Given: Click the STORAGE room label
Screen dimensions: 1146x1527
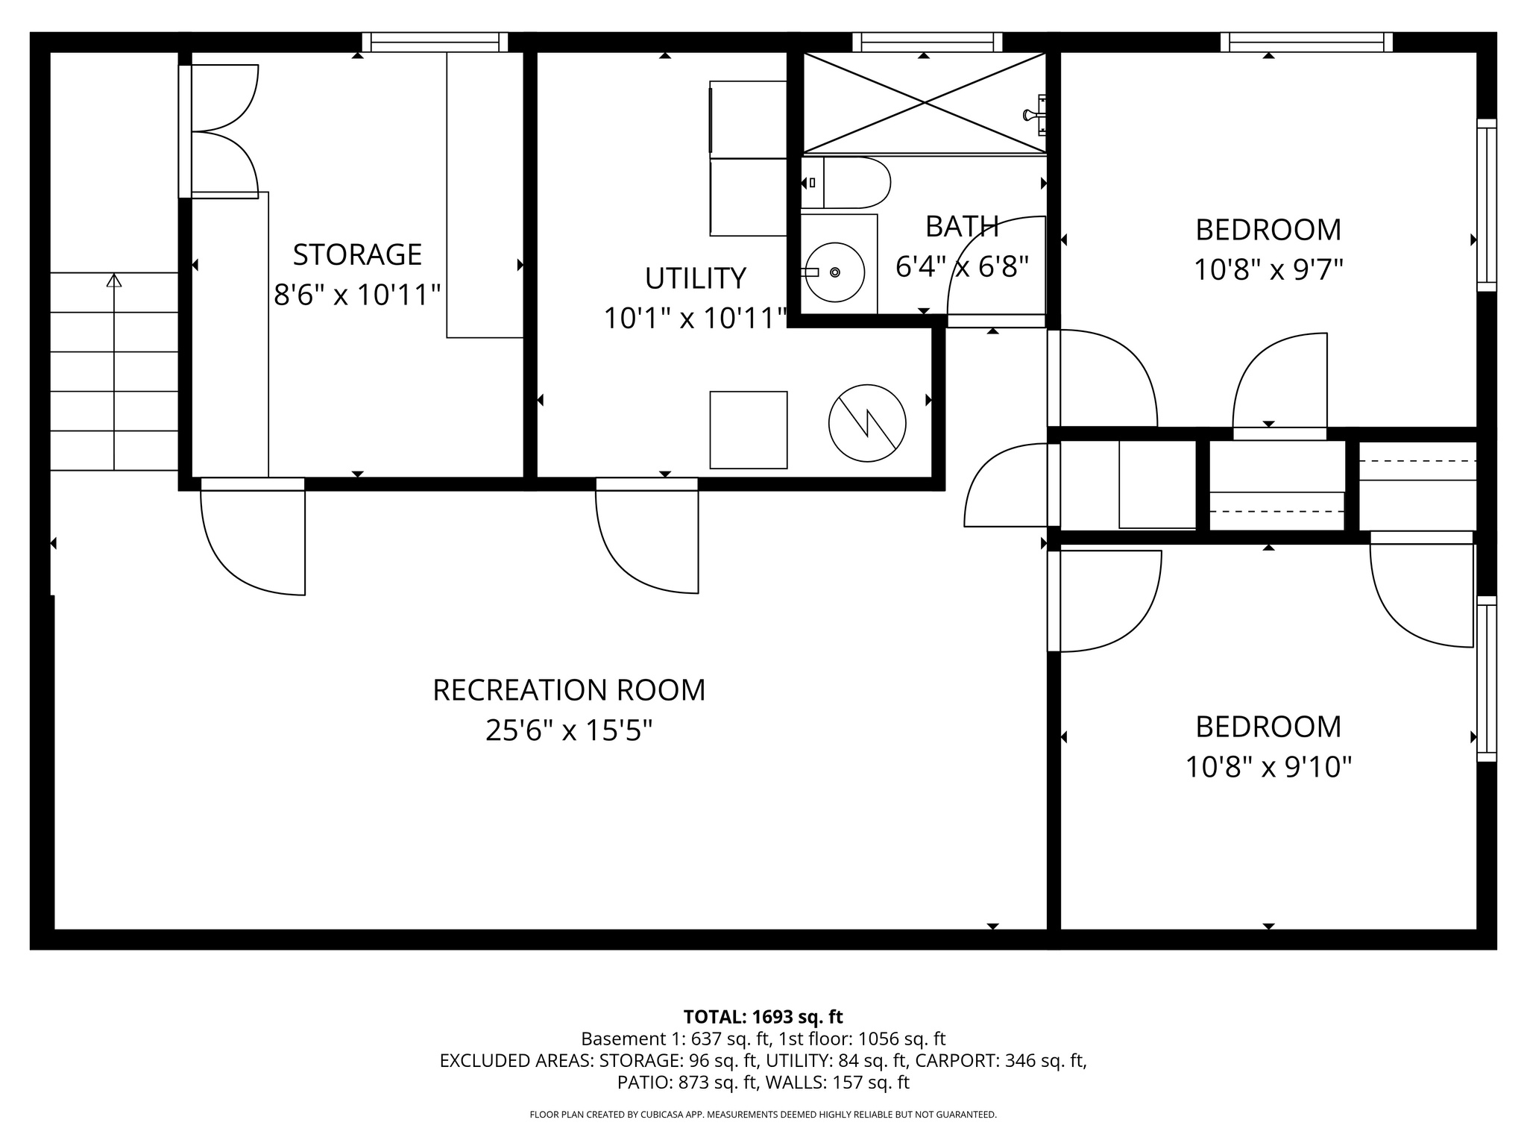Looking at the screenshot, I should point(357,255).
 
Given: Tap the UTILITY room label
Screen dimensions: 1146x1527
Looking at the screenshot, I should point(695,278).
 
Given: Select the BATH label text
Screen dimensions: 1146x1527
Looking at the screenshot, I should point(962,227).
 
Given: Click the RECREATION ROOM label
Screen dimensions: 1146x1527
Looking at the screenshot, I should point(569,690).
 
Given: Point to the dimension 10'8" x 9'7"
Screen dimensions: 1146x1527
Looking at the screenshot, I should point(1268,269).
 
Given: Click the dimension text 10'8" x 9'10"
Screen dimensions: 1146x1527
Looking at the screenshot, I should point(1268,767).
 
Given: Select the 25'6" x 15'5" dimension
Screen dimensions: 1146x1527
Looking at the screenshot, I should point(569,730).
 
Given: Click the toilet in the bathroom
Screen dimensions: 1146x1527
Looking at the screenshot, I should point(850,182).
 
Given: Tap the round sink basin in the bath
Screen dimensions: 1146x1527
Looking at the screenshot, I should point(835,272).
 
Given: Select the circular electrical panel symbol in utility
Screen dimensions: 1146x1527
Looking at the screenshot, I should point(867,423).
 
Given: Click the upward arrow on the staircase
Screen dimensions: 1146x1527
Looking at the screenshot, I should point(114,281).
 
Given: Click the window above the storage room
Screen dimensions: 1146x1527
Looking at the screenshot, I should point(435,42).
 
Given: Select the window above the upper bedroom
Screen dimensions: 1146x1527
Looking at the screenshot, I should point(1306,42).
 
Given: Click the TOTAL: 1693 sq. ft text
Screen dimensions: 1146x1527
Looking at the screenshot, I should point(763,1017).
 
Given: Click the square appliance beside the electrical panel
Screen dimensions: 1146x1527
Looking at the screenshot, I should point(748,430).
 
